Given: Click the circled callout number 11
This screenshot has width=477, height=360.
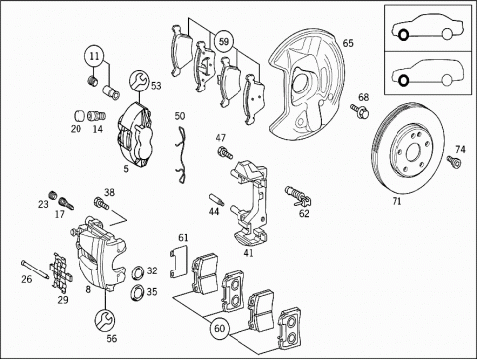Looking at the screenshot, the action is [95, 56].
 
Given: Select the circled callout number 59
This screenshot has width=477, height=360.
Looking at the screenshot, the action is [224, 42].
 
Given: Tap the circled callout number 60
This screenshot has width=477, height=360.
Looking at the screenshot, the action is [220, 328].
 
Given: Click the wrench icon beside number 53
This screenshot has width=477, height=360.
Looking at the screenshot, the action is [140, 80].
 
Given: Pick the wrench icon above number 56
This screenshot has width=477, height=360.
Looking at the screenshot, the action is [105, 320].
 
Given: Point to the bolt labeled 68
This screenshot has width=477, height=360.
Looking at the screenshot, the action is [360, 111].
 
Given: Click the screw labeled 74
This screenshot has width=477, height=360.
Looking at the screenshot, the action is [454, 161].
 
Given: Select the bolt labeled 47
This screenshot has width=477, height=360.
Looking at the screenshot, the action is [225, 153].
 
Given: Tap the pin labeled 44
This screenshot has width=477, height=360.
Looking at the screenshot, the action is [216, 200].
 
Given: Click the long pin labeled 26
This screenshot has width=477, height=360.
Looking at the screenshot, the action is [35, 269].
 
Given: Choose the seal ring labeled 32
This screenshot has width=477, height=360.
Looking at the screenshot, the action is [137, 271].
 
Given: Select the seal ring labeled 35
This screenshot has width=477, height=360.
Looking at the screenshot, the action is [137, 292].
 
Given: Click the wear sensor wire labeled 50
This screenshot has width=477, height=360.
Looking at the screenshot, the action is [181, 155].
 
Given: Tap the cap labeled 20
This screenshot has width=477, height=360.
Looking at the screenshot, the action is [79, 116].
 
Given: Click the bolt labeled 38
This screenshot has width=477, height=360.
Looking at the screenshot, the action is [101, 203].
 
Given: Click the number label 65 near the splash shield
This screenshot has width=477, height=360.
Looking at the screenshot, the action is [348, 43].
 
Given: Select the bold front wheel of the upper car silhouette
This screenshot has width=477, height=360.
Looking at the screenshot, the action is [403, 35].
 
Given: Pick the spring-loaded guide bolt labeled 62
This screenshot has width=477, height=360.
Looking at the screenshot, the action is [298, 196].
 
